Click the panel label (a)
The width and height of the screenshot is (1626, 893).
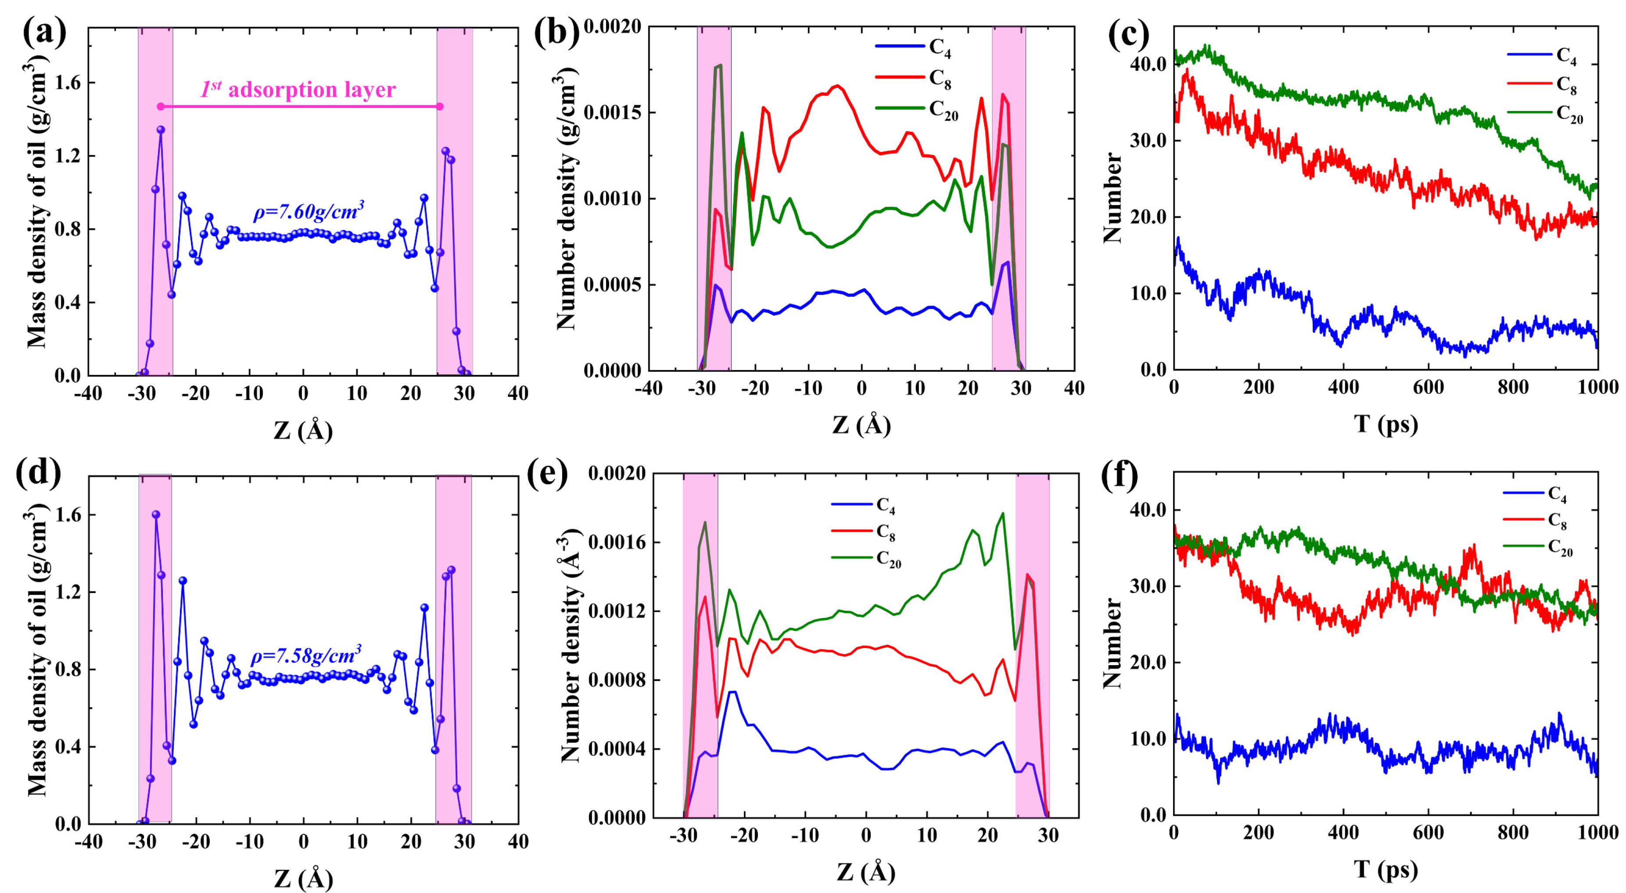pos(44,33)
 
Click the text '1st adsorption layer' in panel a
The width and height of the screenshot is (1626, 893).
pos(298,90)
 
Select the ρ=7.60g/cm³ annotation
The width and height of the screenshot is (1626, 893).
pos(309,212)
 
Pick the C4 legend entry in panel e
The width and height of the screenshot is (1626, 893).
pos(885,505)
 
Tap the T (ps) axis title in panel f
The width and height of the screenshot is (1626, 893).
pos(1386,870)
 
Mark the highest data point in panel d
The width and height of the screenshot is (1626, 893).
pos(156,515)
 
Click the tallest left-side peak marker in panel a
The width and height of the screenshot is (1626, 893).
pos(161,130)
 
